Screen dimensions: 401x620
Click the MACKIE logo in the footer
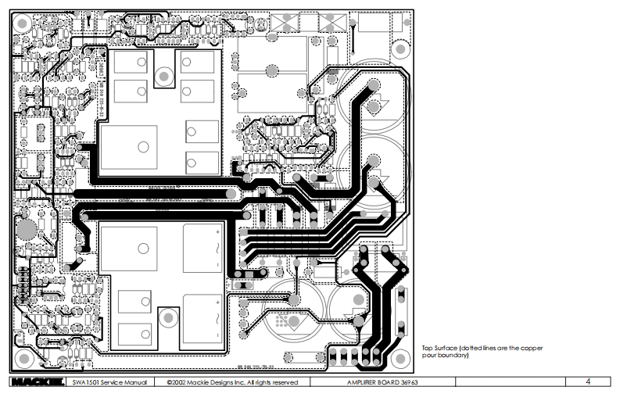[35, 382]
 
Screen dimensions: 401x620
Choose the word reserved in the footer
[283, 382]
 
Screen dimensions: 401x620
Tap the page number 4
[587, 382]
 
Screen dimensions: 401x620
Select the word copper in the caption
[532, 347]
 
